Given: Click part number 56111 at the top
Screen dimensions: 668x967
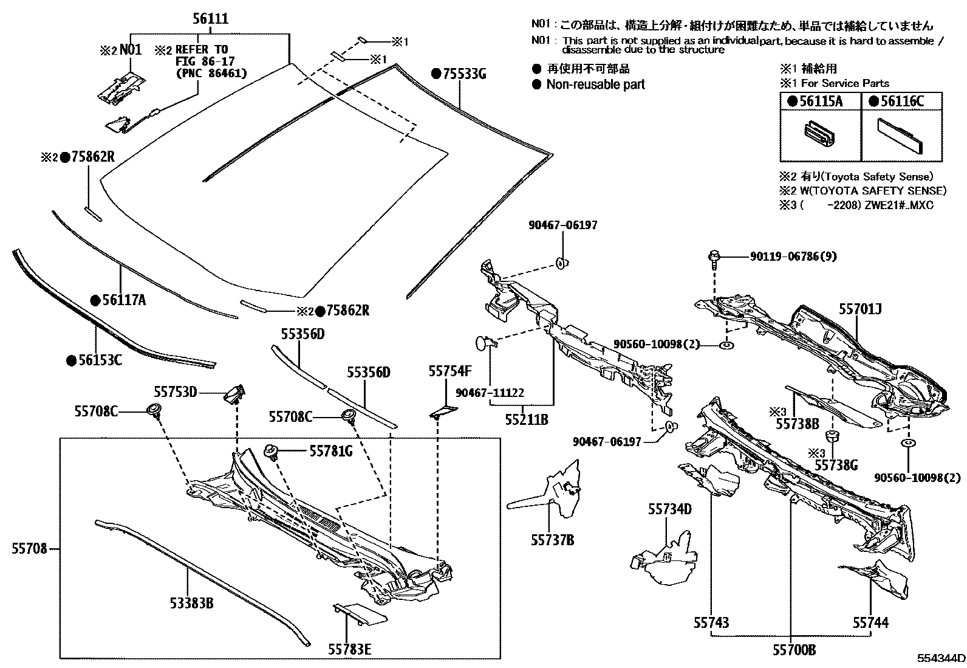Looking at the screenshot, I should tap(210, 19).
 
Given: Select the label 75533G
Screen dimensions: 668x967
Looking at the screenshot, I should tap(459, 74).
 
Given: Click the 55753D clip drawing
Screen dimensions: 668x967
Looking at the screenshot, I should tap(235, 394).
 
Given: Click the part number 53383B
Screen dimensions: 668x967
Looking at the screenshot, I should tap(191, 603).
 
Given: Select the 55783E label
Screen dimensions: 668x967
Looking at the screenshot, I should tap(349, 649).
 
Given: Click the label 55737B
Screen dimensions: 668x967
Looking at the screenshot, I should tap(553, 540).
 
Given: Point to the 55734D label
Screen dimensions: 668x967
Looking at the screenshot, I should tap(669, 509).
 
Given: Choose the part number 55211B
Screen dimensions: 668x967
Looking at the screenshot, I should tap(527, 419).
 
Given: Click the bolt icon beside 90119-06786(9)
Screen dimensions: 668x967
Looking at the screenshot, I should tap(714, 258).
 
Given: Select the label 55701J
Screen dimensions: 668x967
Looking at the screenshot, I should tap(860, 309).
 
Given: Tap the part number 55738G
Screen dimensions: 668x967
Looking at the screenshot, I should tap(836, 465).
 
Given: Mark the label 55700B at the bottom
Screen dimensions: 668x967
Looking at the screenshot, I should tap(794, 650).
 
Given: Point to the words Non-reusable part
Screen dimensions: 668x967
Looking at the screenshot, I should tap(595, 84).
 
